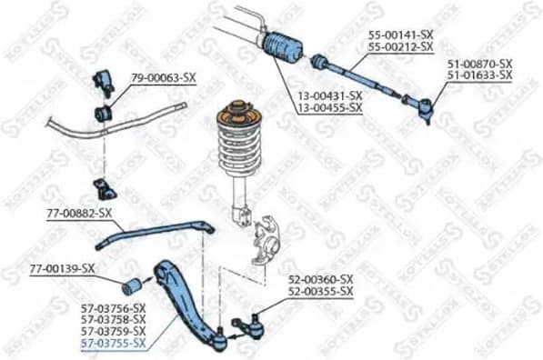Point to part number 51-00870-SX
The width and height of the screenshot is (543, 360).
click(x=479, y=64)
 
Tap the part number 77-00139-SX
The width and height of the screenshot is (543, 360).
click(x=62, y=268)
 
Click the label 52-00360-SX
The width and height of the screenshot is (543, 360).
click(x=321, y=280)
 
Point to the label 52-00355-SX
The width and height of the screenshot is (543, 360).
click(x=321, y=291)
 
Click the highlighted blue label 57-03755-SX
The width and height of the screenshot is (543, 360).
click(x=113, y=343)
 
